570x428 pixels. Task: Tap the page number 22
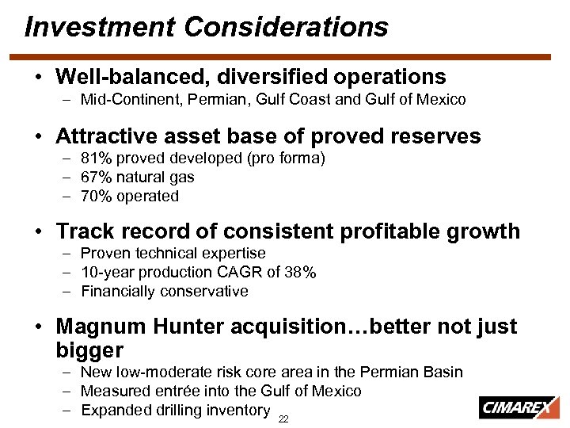pyautogui.click(x=283, y=418)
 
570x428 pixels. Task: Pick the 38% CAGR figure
pyautogui.click(x=302, y=272)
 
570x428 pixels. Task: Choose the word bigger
pyautogui.click(x=89, y=350)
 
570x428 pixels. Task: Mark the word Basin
pyautogui.click(x=443, y=372)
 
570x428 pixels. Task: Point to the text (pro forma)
pyautogui.click(x=285, y=158)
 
